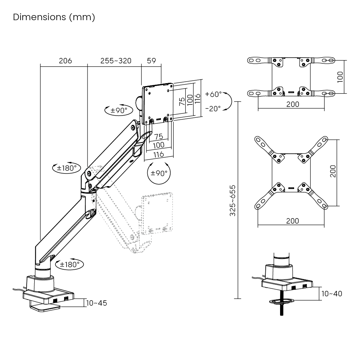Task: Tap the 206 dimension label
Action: (66, 60)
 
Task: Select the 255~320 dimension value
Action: (116, 60)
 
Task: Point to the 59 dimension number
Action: (151, 60)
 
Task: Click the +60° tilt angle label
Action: (213, 94)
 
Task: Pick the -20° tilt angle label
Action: (213, 108)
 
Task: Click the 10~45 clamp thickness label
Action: (97, 303)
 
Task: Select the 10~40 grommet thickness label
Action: (332, 294)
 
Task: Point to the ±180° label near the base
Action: (69, 265)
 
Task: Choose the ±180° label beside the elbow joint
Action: (66, 168)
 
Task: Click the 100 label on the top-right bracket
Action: (341, 77)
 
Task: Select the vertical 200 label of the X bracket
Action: (333, 171)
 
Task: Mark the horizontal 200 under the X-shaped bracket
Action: (292, 221)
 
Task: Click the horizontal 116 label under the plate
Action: (159, 154)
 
